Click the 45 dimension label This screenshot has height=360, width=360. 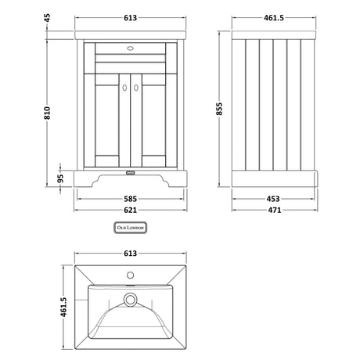(47, 18)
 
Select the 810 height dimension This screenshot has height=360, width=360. (47, 113)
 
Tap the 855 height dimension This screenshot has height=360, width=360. (219, 109)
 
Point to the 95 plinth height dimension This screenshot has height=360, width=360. (60, 178)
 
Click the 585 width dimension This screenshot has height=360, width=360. (130, 199)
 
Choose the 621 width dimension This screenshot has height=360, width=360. (130, 210)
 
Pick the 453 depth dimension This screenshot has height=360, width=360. (273, 199)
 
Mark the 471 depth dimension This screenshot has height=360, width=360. (275, 210)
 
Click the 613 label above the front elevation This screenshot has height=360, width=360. (130, 18)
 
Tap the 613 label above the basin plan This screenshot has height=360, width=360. (130, 254)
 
